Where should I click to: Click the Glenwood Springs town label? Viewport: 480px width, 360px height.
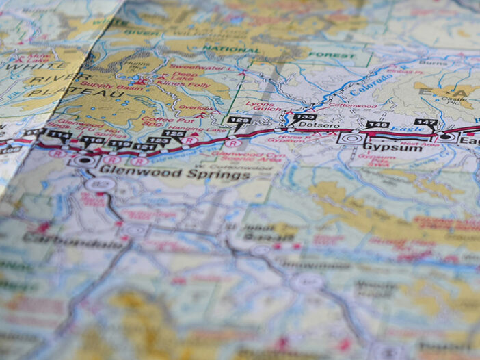[x=174, y=175]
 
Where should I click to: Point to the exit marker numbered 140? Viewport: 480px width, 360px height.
[x=377, y=125]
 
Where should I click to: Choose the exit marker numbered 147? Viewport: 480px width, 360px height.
[x=425, y=123]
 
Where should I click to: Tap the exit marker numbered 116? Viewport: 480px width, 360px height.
[x=92, y=140]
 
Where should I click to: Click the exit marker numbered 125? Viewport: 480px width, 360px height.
[x=173, y=133]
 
